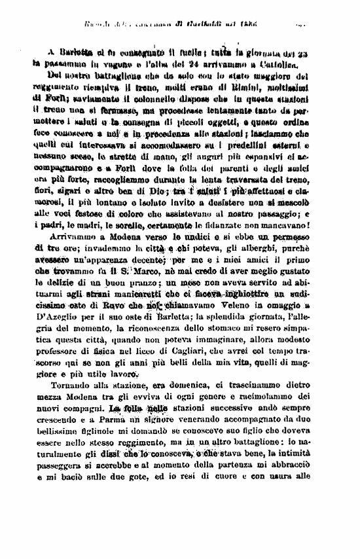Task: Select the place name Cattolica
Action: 279,66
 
